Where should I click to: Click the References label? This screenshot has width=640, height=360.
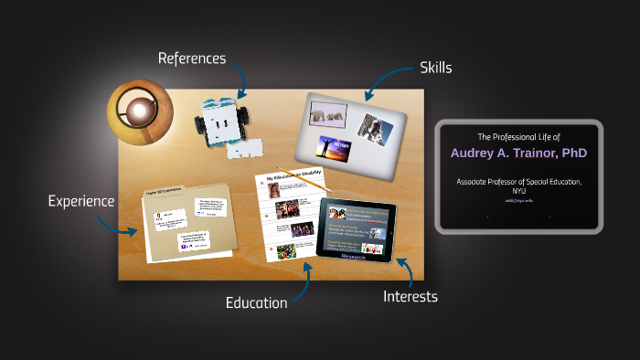[191, 58]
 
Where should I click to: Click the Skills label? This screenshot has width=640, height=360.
[435, 68]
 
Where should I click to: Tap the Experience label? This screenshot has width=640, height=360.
[81, 201]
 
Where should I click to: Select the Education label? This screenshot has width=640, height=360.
[257, 302]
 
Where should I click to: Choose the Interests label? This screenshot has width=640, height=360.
[410, 296]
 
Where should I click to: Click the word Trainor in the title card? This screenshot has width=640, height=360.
[528, 153]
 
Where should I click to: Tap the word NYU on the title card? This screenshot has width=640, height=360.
[519, 191]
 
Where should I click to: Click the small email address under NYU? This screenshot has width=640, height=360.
[519, 200]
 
